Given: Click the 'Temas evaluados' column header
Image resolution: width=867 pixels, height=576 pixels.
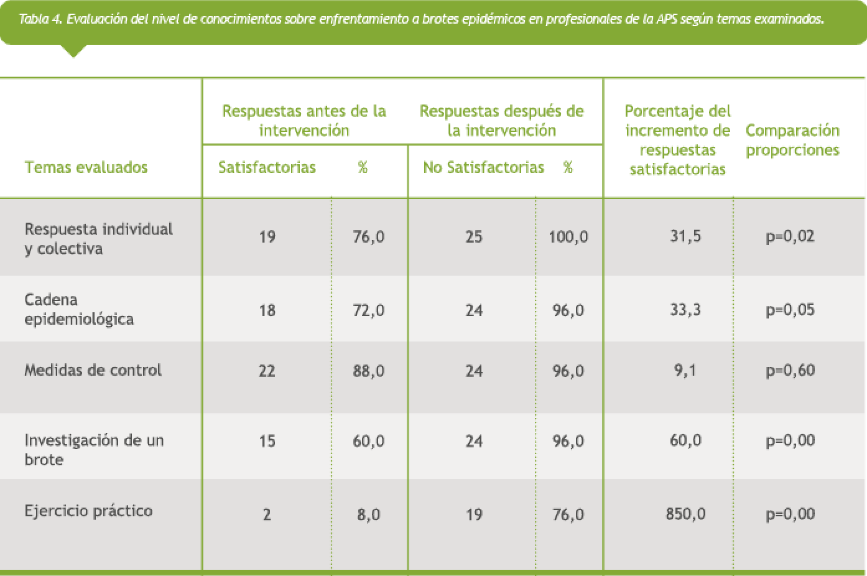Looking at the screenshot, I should [86, 167].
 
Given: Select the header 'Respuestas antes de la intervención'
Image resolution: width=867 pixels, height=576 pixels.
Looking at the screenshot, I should [304, 121].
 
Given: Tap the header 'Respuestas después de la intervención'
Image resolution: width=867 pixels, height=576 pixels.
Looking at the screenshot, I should [501, 121].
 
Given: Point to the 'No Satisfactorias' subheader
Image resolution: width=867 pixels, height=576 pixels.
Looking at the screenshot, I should [483, 167].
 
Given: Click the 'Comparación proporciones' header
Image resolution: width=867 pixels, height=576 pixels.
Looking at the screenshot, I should [792, 140].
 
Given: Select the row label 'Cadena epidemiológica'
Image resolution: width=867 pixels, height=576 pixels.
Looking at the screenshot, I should [79, 309].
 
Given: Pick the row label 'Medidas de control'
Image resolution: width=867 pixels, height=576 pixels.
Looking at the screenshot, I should [93, 371].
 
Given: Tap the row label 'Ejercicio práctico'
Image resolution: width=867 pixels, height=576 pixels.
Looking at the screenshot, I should [88, 511].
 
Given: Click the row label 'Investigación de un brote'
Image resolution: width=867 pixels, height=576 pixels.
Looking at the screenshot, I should [94, 450].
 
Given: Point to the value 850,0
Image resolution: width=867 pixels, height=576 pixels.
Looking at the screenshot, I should [685, 514].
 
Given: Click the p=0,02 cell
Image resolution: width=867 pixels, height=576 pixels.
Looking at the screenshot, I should [790, 236].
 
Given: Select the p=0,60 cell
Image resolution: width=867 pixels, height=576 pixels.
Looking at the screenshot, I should [790, 371].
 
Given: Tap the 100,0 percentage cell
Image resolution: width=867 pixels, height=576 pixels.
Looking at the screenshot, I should [568, 237].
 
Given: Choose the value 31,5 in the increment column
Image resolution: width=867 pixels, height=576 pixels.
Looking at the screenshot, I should [685, 236].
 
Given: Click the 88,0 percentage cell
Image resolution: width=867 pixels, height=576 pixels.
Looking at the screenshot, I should [368, 371].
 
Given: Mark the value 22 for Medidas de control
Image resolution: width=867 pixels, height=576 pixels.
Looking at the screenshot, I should [267, 371].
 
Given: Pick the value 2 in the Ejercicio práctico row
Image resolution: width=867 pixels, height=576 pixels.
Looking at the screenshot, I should [267, 514].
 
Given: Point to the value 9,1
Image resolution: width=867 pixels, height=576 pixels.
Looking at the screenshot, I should [685, 371].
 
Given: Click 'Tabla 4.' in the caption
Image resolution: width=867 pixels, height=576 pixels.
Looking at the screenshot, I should [40, 19].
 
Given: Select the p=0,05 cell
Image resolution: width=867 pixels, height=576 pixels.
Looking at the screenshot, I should [790, 310].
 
